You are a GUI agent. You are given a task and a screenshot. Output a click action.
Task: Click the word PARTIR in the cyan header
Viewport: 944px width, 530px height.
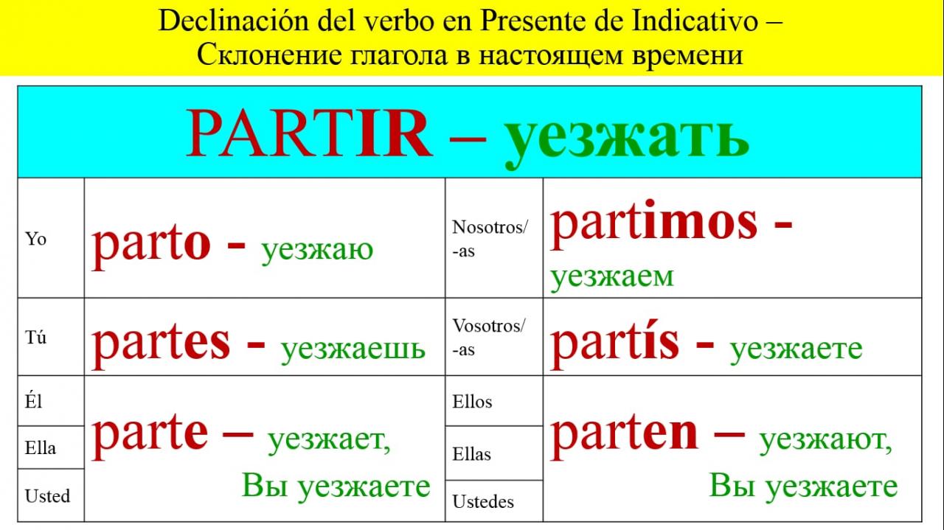(x=310, y=133)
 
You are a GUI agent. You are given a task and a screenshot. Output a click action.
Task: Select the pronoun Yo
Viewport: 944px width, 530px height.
(x=35, y=239)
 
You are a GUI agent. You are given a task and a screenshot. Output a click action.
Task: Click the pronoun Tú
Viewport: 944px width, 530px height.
(x=35, y=338)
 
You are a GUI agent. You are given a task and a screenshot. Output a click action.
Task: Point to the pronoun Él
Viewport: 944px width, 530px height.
(x=33, y=401)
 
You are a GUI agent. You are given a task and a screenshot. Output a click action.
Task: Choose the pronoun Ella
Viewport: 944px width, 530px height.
(x=40, y=448)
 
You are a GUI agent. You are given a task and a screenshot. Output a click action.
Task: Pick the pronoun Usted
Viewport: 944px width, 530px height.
(x=47, y=496)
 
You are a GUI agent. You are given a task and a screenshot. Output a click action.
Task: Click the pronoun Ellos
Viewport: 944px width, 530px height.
(x=472, y=402)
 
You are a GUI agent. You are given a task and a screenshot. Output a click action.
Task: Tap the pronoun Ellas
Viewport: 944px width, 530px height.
(x=471, y=454)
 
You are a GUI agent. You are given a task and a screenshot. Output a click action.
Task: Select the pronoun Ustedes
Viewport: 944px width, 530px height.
(x=483, y=502)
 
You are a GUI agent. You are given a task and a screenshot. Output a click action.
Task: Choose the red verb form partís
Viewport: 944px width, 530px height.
(x=615, y=344)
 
